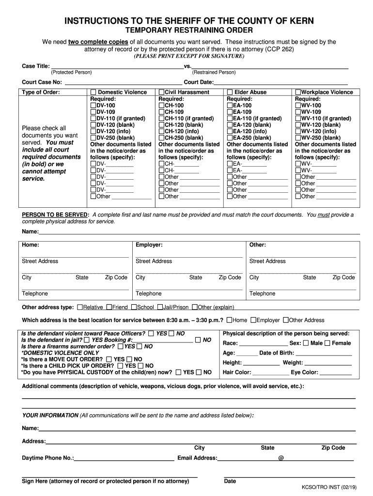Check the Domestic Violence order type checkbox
coord(93,92)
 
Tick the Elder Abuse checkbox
coord(230,92)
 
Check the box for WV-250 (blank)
coord(298,138)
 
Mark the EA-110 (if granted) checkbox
coord(230,119)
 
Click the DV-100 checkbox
coord(93,106)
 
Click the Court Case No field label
coord(42,82)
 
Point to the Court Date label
coord(199,82)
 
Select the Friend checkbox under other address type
coord(109,307)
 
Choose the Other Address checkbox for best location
coord(286,320)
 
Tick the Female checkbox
coord(327,343)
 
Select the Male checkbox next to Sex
coord(306,343)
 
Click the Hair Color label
coord(237,372)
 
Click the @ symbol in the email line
coord(281,458)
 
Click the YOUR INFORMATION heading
coord(50,415)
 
